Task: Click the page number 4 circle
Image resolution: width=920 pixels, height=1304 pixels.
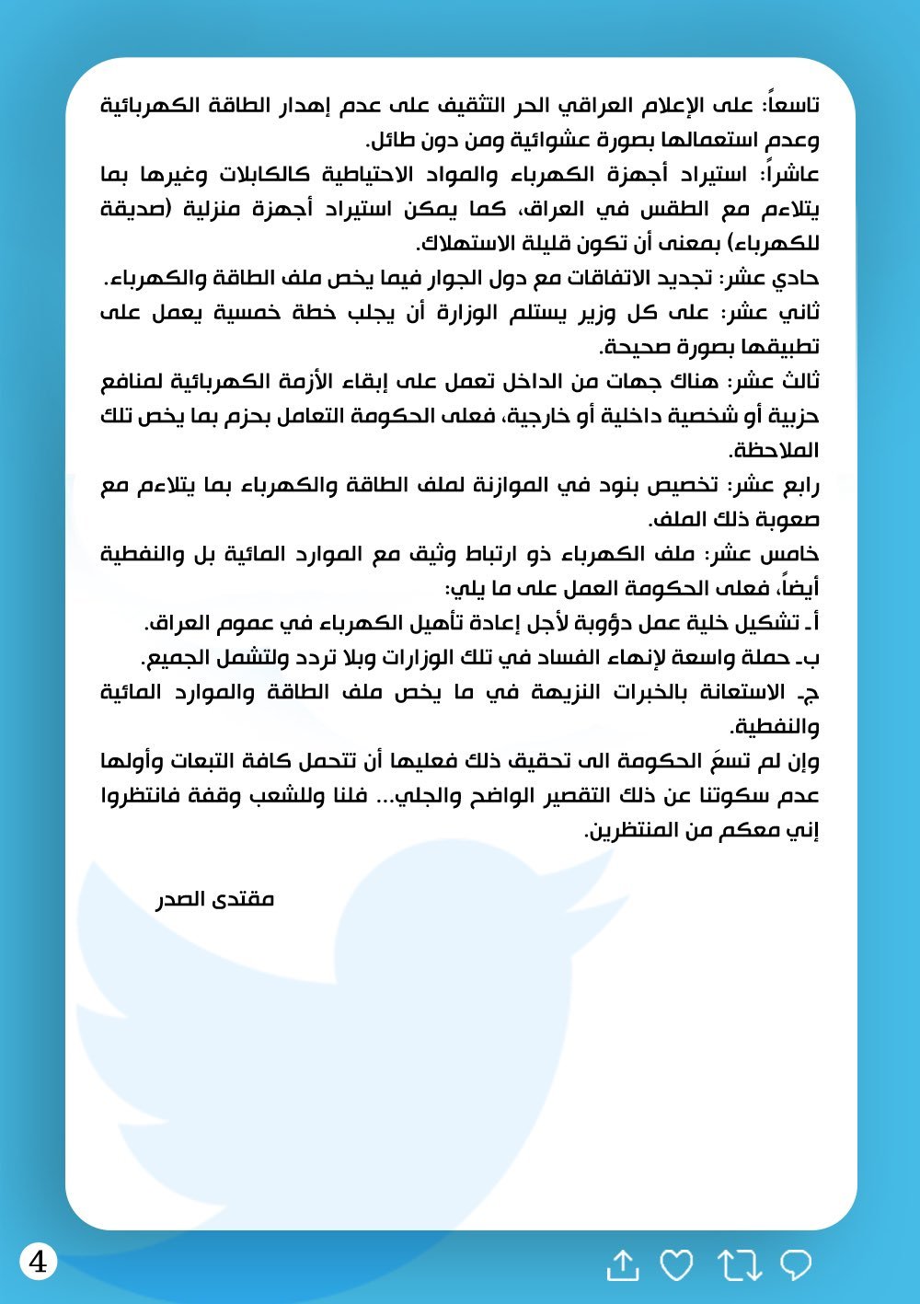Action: (x=39, y=1261)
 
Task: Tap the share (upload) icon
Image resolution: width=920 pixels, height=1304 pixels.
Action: (x=623, y=1265)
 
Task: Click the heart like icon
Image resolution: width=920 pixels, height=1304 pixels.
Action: (x=677, y=1265)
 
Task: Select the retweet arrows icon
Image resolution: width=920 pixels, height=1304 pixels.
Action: (x=740, y=1265)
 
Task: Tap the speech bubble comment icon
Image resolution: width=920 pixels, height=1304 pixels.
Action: (x=796, y=1264)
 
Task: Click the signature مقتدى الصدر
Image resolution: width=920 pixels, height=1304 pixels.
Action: (x=215, y=899)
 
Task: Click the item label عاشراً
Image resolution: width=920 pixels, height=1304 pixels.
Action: (x=793, y=174)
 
